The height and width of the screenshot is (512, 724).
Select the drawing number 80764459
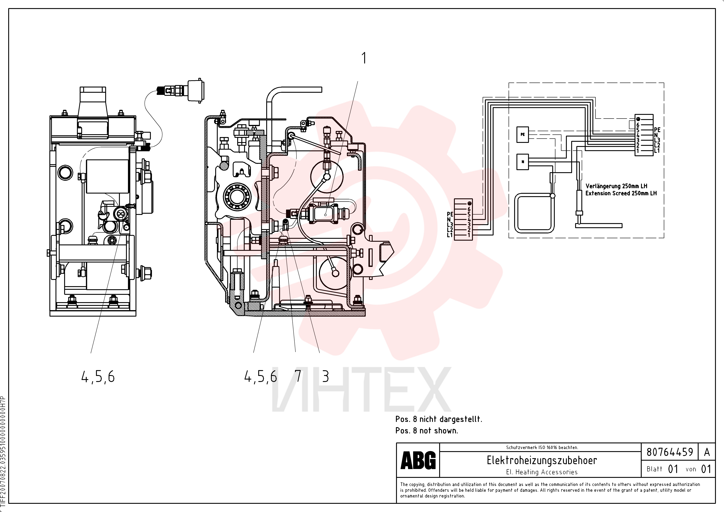(670, 452)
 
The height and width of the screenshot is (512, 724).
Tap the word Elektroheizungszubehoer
(542, 460)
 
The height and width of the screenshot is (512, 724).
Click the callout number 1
(364, 58)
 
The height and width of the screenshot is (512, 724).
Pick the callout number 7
(298, 376)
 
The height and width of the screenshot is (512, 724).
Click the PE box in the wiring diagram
(522, 135)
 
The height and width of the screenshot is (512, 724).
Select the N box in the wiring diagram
(522, 162)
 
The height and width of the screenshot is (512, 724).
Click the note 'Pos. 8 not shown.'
(427, 431)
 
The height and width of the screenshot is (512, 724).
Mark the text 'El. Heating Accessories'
(542, 472)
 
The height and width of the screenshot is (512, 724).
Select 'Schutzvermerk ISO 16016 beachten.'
(542, 447)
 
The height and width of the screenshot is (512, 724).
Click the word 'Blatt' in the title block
(654, 469)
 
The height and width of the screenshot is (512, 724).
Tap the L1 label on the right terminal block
(657, 151)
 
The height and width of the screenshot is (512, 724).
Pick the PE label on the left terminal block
(450, 214)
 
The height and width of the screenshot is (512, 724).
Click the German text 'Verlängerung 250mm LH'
(616, 186)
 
